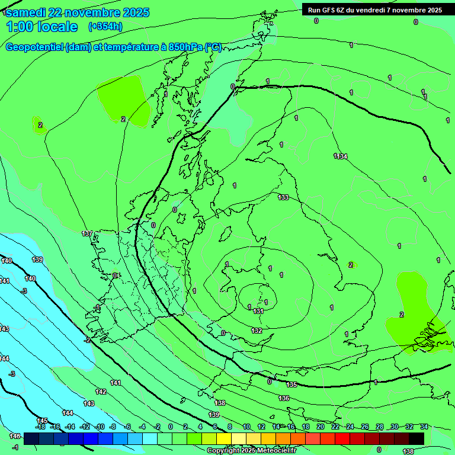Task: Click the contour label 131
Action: point(258,311)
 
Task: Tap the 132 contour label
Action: point(257,331)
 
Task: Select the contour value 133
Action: point(283,197)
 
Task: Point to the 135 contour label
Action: point(291,385)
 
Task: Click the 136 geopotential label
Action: point(284,399)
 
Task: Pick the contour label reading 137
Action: point(87,234)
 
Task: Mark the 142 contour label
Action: point(101,392)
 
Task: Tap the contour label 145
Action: point(42,421)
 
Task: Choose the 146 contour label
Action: point(15,436)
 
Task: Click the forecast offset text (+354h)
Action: point(105,26)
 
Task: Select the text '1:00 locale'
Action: point(42,27)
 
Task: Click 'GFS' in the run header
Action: point(329,10)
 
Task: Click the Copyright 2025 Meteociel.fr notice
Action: point(251,450)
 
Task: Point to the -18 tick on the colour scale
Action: point(40,427)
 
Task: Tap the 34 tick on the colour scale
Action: point(424,427)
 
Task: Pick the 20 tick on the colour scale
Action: point(321,427)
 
